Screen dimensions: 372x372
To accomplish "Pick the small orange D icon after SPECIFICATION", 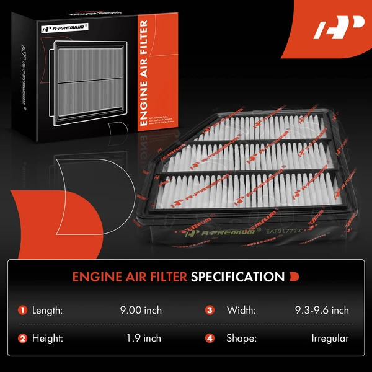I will [293, 276].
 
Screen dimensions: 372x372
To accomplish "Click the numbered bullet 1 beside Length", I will [23, 310].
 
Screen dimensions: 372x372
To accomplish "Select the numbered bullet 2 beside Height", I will [23, 339].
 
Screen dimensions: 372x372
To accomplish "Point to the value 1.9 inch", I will [143, 339].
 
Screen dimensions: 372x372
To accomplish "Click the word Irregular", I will [330, 339].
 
